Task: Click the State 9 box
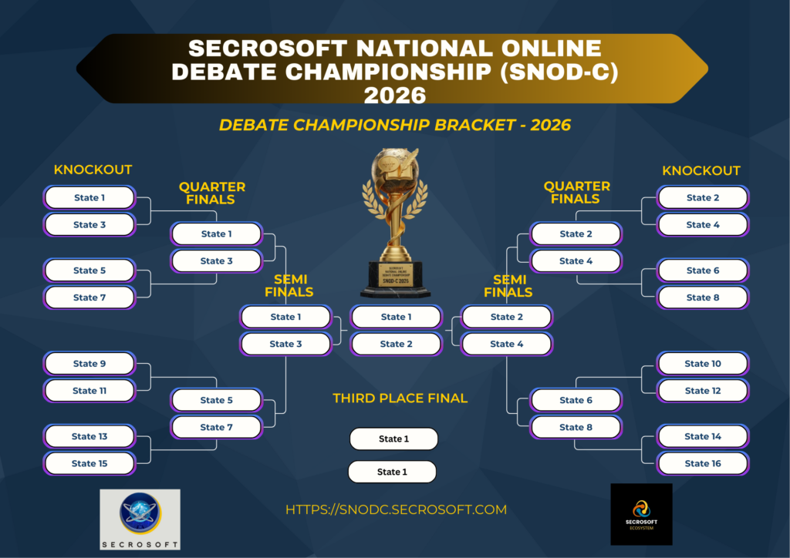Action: [89, 363]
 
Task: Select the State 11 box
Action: [89, 391]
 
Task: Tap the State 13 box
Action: [89, 436]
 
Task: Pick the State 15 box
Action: [89, 463]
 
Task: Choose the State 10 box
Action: [703, 363]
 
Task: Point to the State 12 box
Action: [703, 391]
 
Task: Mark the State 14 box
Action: [703, 436]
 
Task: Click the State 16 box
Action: [703, 463]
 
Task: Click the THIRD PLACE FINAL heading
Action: [400, 398]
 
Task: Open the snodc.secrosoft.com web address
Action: [396, 509]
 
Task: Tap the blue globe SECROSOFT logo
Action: [140, 519]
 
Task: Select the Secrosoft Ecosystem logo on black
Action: [641, 514]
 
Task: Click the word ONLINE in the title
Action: [551, 49]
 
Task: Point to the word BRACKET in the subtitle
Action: [474, 125]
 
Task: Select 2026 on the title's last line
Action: [395, 95]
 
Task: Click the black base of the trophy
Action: [396, 280]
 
